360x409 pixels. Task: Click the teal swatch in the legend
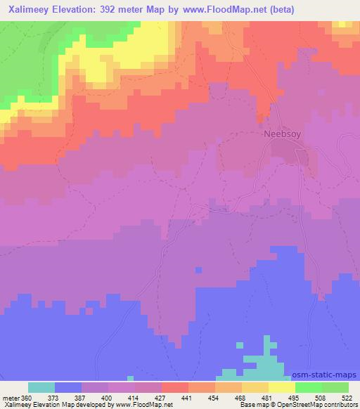(x=41, y=387)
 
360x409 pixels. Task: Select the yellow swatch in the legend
(x=282, y=387)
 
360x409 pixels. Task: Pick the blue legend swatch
(x=68, y=387)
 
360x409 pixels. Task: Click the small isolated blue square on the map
(x=199, y=270)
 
